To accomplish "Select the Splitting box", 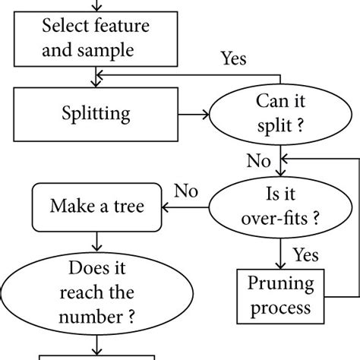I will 96,115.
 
